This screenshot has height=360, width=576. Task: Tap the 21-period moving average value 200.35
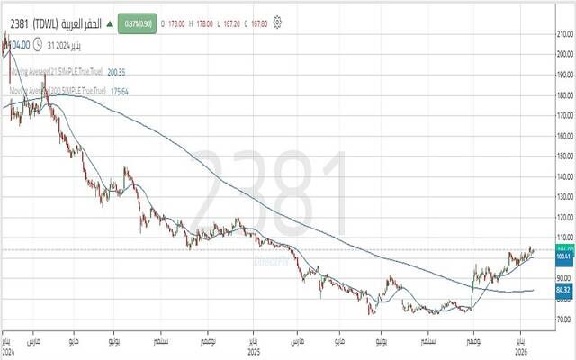click(116, 71)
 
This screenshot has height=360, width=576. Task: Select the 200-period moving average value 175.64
click(118, 91)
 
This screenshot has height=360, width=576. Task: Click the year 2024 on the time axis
click(8, 352)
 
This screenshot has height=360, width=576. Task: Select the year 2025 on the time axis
click(254, 352)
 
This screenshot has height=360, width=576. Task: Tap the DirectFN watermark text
click(269, 260)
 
